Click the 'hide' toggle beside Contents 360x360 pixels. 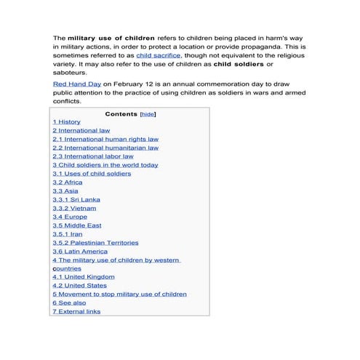pos(148,114)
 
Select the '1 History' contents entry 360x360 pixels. pos(66,121)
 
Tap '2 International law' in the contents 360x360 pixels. pos(81,130)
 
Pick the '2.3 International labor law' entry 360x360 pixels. pos(92,156)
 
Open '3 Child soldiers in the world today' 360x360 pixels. pos(105,165)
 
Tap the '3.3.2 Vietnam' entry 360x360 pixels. pos(73,208)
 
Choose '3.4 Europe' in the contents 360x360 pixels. pos(69,217)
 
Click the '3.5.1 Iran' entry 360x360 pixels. pos(67,234)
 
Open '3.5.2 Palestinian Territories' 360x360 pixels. pos(95,243)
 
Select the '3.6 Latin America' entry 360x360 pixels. pos(79,252)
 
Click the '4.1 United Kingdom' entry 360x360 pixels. pos(83,277)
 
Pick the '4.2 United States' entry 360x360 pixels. pos(79,286)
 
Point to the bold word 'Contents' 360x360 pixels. pos(121,114)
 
